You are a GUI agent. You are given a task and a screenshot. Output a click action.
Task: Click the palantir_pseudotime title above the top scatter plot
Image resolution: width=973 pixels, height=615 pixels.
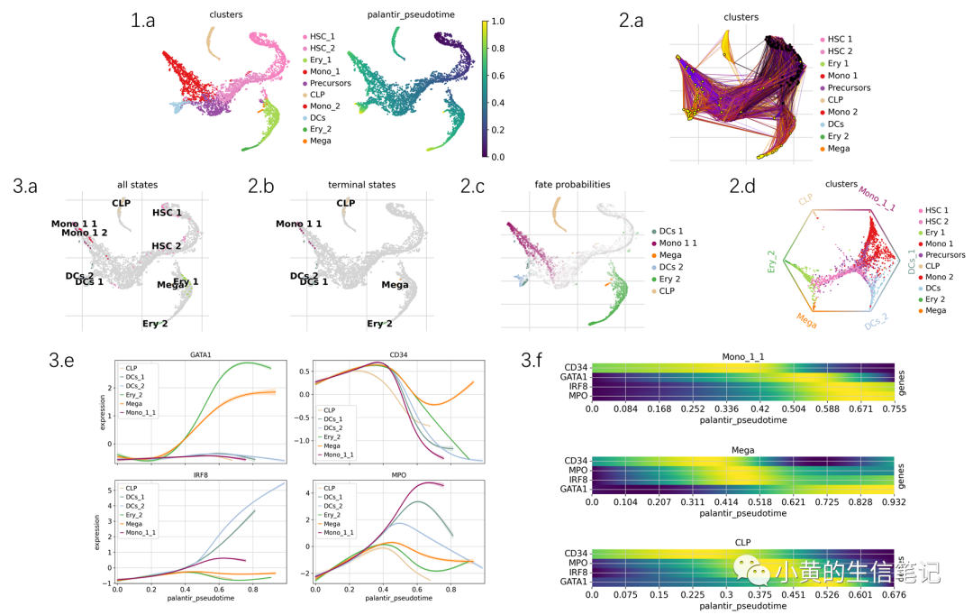[412, 15]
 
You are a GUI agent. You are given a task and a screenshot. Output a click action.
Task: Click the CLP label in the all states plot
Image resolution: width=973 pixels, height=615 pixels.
[122, 203]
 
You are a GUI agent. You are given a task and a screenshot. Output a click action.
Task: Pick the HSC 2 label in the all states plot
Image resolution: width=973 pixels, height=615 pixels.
[167, 246]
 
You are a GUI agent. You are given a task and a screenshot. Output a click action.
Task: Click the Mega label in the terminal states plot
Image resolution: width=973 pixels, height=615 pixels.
[395, 285]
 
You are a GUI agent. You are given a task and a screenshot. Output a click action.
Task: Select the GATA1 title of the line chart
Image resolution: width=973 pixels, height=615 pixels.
[201, 355]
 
